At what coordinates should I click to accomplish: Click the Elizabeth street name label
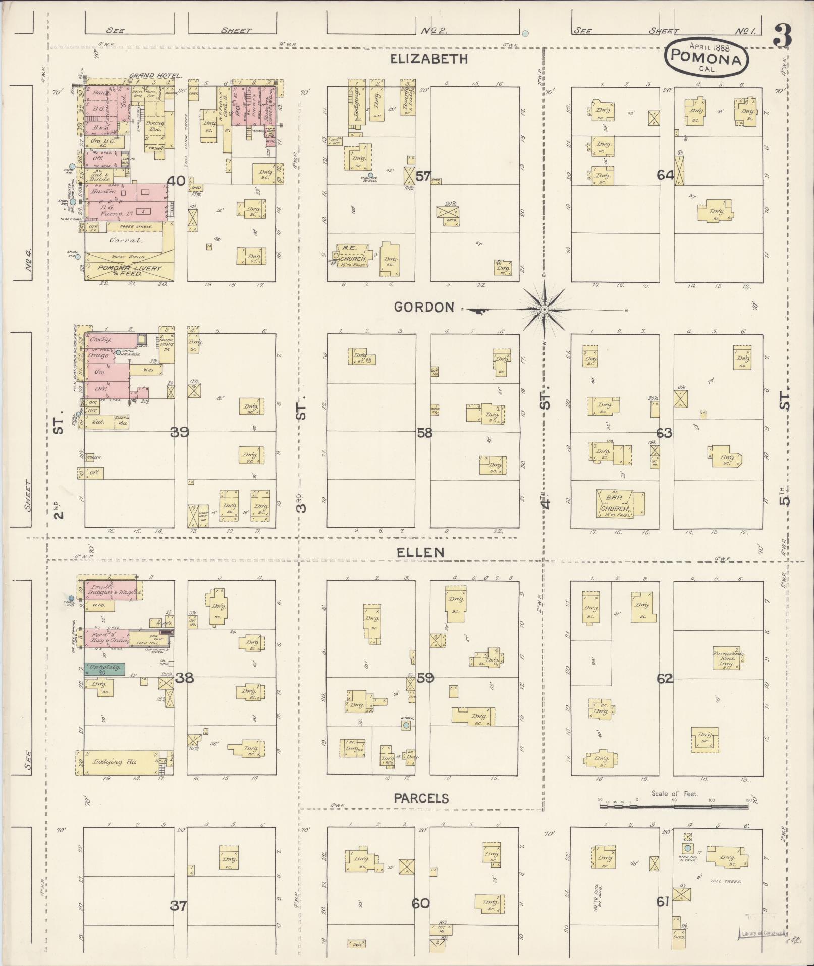tap(428, 59)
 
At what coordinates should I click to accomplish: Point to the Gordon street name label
tap(424, 307)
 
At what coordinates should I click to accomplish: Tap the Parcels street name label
tap(421, 798)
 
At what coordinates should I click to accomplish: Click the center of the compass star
tap(544, 309)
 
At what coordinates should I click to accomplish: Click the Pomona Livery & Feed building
tap(129, 270)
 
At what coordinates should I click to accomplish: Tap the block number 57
tap(424, 176)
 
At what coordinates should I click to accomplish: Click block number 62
tap(665, 679)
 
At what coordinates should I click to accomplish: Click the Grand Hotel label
tap(155, 76)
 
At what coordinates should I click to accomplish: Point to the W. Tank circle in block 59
tap(406, 726)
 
